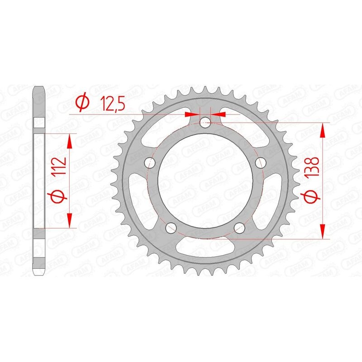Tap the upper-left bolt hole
click(148, 162)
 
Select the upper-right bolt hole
click(260, 162)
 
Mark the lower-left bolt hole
click(171, 227)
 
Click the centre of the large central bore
click(205, 181)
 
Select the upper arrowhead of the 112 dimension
click(70, 141)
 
